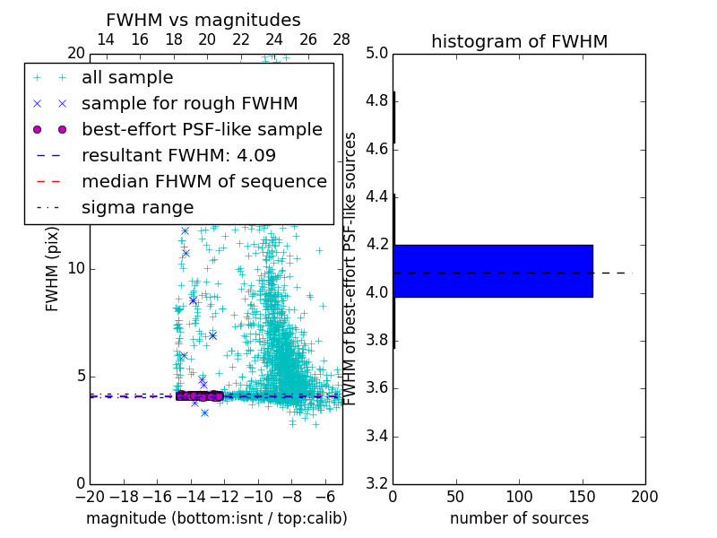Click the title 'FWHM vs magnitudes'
click(x=203, y=20)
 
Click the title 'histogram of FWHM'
click(x=519, y=41)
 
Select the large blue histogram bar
click(x=493, y=270)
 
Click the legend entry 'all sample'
click(x=127, y=78)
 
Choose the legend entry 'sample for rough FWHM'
click(x=189, y=104)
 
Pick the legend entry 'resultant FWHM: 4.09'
click(x=178, y=155)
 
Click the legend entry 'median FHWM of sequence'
click(x=203, y=181)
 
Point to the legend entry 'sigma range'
click(x=137, y=207)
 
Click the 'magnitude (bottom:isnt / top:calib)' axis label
click(x=216, y=518)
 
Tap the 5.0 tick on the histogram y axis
click(x=376, y=53)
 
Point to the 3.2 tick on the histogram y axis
click(x=376, y=484)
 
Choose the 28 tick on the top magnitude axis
click(x=341, y=39)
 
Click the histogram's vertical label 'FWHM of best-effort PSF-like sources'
click(x=351, y=269)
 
